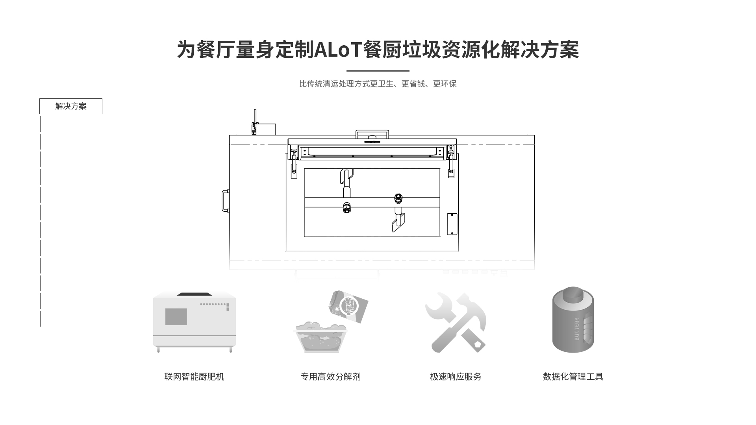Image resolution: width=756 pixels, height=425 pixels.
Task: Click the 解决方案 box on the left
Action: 71,106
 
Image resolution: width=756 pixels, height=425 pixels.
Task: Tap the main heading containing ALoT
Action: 378,50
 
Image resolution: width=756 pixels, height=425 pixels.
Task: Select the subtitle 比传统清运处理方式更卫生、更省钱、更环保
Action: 378,84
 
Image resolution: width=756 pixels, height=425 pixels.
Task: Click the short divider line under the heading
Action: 378,71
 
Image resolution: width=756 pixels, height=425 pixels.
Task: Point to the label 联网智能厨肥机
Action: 194,377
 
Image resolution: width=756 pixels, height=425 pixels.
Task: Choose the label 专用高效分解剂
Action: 330,377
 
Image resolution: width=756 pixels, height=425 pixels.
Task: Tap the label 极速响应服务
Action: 456,377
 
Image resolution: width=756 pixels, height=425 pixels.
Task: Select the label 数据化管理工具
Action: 573,377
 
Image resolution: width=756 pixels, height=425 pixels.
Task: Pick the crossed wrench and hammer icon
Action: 456,322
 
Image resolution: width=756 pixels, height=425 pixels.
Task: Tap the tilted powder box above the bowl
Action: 348,307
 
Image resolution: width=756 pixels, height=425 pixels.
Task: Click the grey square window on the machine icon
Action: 176,316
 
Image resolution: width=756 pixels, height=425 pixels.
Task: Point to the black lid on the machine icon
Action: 195,294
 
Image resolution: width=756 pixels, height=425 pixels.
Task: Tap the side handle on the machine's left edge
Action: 225,201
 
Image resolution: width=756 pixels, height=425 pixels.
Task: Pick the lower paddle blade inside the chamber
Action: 398,224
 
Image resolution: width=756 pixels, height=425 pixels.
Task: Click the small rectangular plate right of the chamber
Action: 452,224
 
